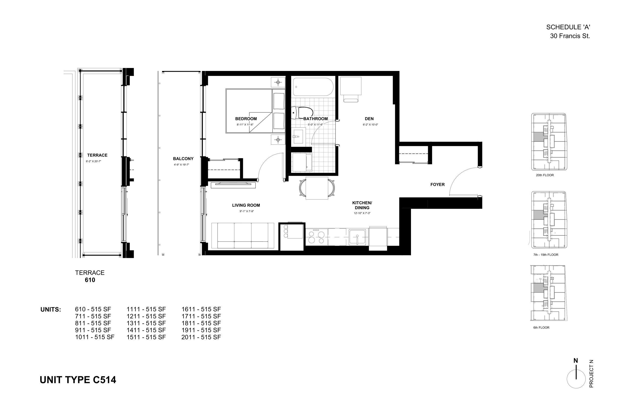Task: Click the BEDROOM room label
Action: click(246, 119)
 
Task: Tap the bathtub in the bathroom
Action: click(313, 87)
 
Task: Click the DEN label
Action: click(369, 119)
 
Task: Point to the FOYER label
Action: click(437, 184)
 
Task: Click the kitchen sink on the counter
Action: click(357, 237)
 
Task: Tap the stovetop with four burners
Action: click(317, 237)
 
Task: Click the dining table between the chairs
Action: click(317, 188)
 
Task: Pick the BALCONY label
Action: click(183, 159)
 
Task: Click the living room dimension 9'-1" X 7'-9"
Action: click(247, 211)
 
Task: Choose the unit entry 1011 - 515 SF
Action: click(95, 337)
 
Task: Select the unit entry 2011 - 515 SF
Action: click(201, 337)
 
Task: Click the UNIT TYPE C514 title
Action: click(78, 380)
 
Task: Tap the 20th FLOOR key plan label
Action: click(545, 175)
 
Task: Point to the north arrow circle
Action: click(576, 379)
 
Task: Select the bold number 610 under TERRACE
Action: click(90, 280)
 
